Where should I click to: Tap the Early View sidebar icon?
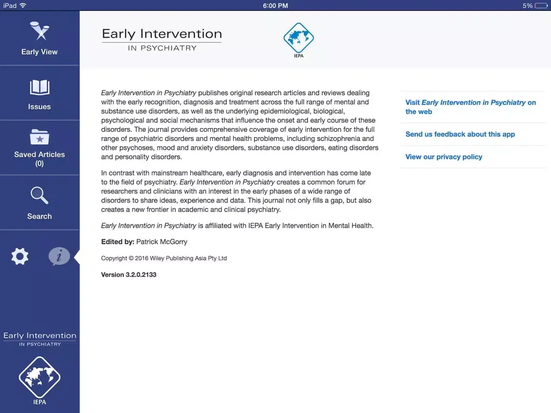click(39, 32)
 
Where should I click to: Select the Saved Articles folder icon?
click(39, 137)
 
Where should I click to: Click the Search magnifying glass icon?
click(39, 195)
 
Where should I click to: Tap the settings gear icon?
click(20, 256)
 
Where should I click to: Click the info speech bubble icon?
click(59, 256)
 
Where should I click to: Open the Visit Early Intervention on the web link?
click(470, 107)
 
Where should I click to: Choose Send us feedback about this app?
click(460, 134)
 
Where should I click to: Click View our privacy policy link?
click(443, 157)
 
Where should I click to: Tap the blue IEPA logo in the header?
click(298, 39)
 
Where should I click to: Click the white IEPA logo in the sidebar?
click(39, 378)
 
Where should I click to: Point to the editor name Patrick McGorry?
click(162, 241)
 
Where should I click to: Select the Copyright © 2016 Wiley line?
click(164, 258)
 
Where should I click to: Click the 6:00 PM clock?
click(275, 5)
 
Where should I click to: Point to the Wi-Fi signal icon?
click(23, 5)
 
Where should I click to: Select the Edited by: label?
click(117, 241)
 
